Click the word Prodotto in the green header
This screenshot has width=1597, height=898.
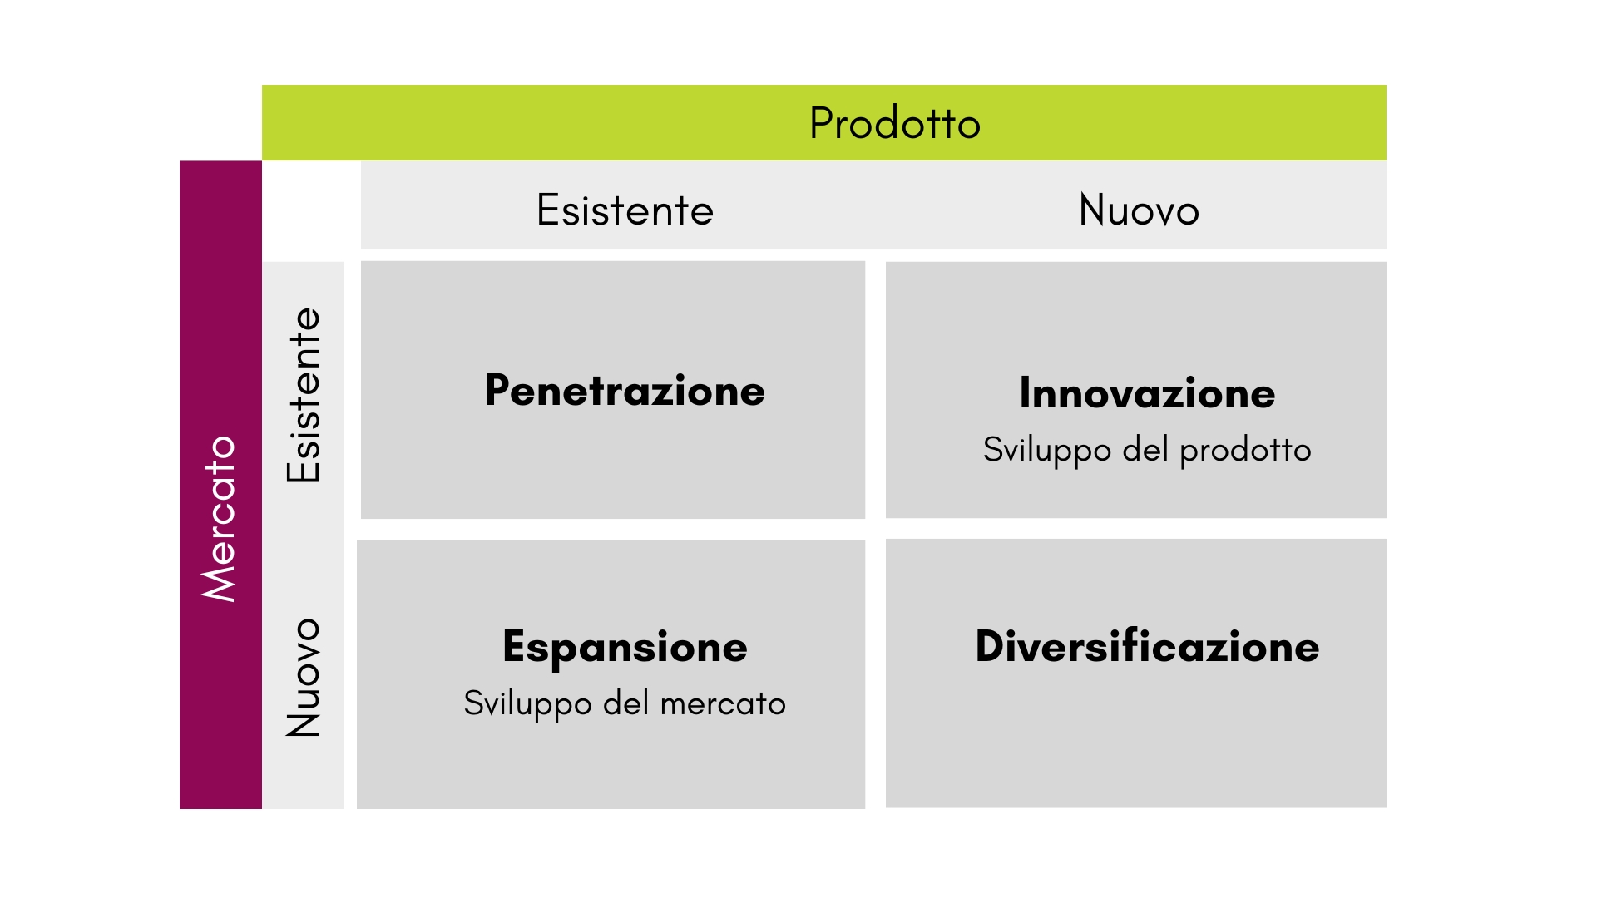tap(895, 123)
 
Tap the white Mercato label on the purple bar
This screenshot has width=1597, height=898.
tap(220, 518)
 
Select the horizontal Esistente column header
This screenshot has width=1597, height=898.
tap(625, 210)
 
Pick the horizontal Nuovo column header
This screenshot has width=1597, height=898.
tap(1139, 210)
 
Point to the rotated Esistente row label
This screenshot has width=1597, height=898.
tap(304, 395)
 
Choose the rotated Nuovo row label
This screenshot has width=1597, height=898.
tap(304, 677)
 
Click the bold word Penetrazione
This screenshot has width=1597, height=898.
tap(625, 390)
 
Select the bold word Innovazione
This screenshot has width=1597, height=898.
tap(1147, 392)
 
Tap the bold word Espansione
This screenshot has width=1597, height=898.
tap(625, 648)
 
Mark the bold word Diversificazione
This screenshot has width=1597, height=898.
tap(1147, 646)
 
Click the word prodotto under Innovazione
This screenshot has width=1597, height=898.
tap(1245, 451)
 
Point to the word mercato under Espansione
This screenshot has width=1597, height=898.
tap(723, 704)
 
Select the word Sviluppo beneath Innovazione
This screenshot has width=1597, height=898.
tap(1047, 451)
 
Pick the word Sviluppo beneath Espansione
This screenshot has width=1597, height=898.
tap(527, 704)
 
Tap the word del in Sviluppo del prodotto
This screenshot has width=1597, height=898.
tap(1145, 449)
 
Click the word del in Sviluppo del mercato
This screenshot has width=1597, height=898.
tap(625, 703)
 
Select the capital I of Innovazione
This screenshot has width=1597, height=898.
tap(1026, 392)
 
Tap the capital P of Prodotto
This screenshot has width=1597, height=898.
tap(823, 123)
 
